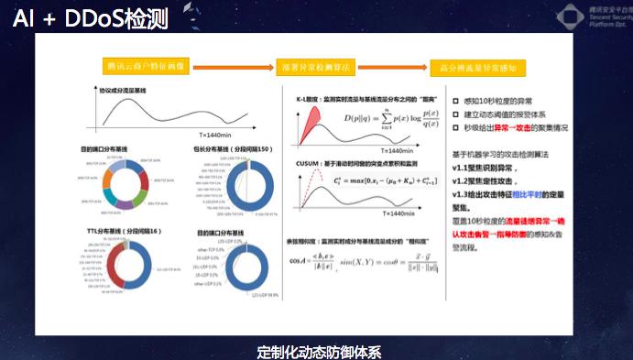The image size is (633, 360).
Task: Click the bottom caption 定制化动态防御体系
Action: pos(318,351)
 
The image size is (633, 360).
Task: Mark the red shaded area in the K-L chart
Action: pos(309,119)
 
